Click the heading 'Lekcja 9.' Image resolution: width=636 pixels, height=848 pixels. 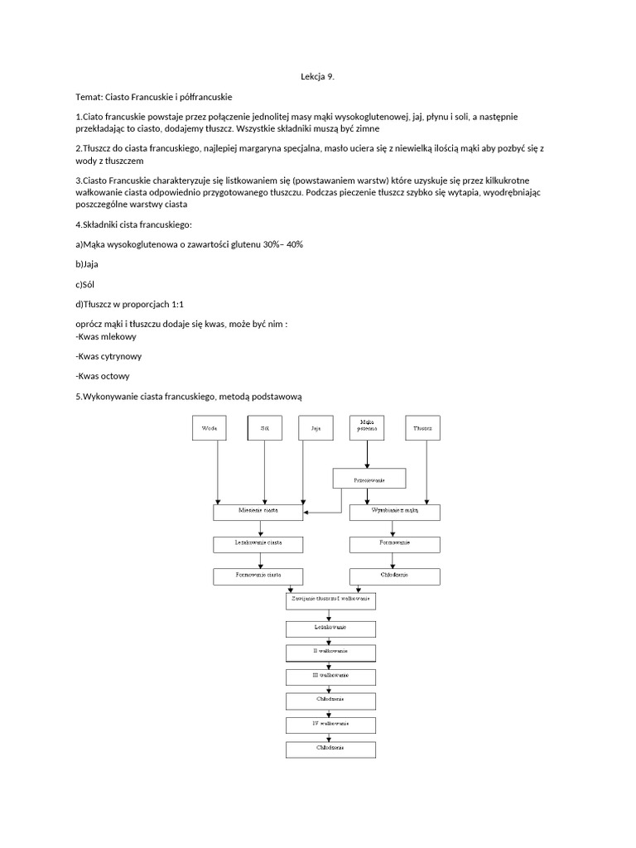317,77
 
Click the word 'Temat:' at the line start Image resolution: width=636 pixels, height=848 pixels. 89,97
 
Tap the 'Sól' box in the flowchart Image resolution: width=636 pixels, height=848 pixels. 265,429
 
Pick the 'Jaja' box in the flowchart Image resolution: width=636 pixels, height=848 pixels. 316,429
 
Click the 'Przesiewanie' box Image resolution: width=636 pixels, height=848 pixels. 369,479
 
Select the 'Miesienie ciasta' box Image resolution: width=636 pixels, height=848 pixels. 259,513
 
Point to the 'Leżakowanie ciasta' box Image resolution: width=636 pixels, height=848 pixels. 259,544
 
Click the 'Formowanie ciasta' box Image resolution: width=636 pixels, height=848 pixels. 259,575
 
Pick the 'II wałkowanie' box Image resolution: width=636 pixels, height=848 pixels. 330,652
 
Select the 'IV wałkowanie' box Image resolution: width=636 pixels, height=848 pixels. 330,725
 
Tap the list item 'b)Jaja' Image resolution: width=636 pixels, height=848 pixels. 87,264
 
